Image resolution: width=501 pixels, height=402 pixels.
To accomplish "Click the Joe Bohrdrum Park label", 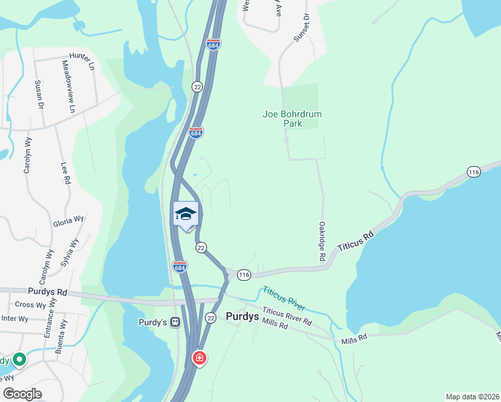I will click(292, 119).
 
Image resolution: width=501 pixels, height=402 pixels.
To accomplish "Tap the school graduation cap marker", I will click(186, 214).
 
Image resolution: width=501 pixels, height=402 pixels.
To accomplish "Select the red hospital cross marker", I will click(199, 358).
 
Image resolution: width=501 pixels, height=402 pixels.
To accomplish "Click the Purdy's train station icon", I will click(175, 322).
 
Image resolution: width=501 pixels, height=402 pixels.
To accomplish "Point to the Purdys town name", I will click(243, 317).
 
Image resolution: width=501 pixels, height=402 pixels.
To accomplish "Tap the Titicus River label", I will click(284, 299).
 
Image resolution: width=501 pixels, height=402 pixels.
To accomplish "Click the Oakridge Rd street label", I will click(322, 242).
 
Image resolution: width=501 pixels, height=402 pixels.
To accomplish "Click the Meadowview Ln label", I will click(68, 86).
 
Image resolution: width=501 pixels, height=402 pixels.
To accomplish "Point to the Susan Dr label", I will click(38, 96).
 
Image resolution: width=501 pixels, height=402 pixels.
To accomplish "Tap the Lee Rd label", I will click(66, 173).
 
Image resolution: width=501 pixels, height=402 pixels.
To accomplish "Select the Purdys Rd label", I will click(48, 292).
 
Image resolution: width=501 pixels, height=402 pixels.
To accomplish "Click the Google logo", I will click(23, 394).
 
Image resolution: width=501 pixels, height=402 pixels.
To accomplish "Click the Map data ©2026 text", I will click(472, 396).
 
